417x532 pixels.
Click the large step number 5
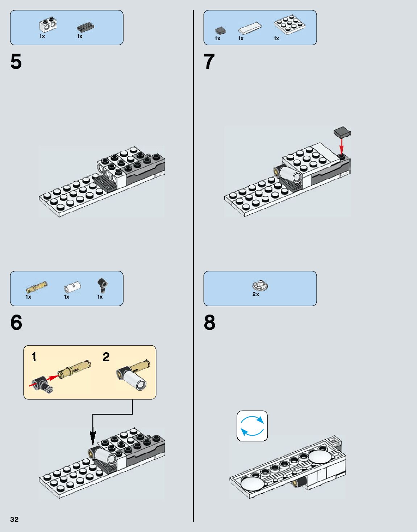16,62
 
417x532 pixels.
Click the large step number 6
16,322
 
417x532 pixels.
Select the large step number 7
209,62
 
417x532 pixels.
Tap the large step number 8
209,322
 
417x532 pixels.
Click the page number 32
14,519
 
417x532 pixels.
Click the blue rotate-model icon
252,426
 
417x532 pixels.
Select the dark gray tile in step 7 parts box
220,30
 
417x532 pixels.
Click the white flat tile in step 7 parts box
250,28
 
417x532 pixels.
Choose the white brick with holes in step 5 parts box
48,25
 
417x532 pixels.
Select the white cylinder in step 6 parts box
72,287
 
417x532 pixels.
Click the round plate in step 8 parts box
260,286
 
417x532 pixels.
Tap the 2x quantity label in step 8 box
256,294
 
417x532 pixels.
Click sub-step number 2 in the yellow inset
106,357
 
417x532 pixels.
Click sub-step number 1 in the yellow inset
34,357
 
